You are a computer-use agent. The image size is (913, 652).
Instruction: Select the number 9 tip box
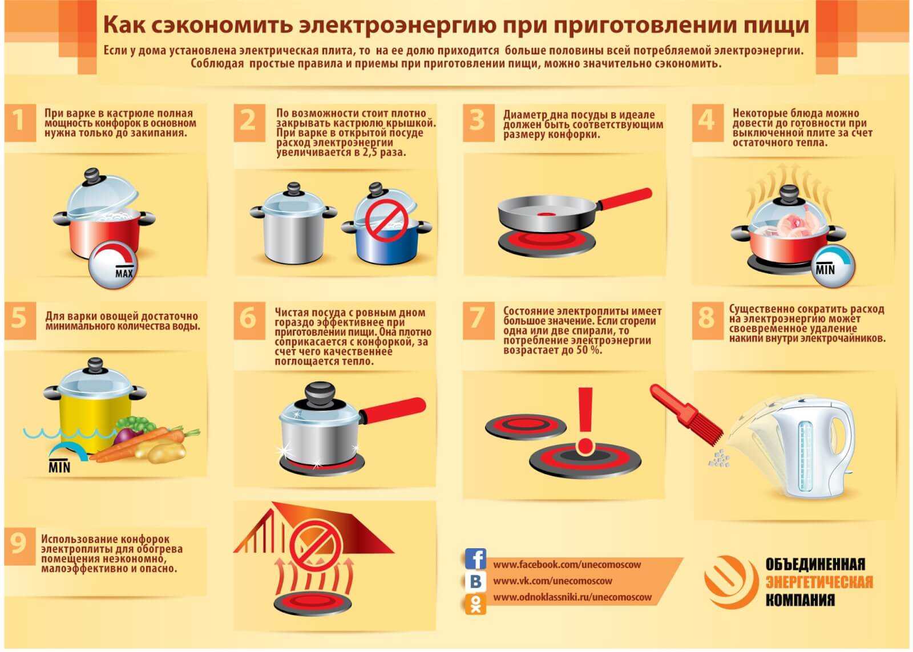pyautogui.click(x=20, y=546)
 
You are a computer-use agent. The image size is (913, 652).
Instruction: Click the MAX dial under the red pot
pyautogui.click(x=114, y=266)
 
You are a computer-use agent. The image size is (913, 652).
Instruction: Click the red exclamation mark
pyautogui.click(x=585, y=420)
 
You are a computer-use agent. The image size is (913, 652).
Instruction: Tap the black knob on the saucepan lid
pyautogui.click(x=320, y=395)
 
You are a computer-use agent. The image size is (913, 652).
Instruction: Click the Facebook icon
pyautogui.click(x=476, y=559)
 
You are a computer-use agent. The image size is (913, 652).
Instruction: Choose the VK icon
pyautogui.click(x=476, y=581)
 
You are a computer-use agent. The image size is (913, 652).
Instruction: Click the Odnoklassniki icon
pyautogui.click(x=476, y=604)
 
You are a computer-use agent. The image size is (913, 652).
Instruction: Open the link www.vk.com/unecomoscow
pyautogui.click(x=553, y=581)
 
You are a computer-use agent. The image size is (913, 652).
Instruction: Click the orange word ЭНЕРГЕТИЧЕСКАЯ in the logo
pyautogui.click(x=819, y=582)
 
